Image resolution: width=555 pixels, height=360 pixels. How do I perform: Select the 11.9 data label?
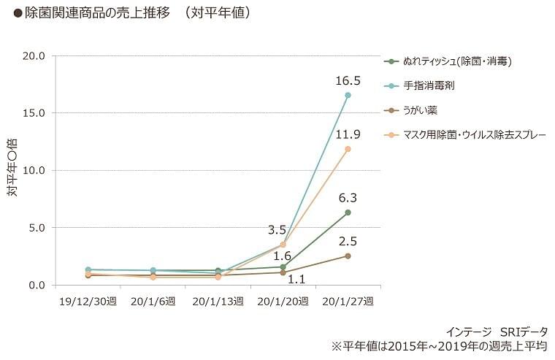(348, 134)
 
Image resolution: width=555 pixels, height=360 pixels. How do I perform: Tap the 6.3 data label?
(348, 197)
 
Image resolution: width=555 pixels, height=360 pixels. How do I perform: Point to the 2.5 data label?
(348, 241)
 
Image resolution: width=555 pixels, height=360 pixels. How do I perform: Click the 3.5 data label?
(277, 230)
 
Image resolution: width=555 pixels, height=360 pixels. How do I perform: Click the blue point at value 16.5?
(348, 95)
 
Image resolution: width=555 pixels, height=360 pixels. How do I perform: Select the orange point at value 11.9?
(348, 149)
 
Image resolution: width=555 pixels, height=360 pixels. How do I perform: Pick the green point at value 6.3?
(348, 212)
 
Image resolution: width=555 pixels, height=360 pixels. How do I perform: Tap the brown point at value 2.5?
(348, 256)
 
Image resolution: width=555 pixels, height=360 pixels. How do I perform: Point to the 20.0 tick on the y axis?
(34, 55)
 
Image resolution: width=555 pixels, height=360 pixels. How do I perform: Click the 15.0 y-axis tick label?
(34, 113)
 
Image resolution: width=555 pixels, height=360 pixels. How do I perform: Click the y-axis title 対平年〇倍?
(12, 170)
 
